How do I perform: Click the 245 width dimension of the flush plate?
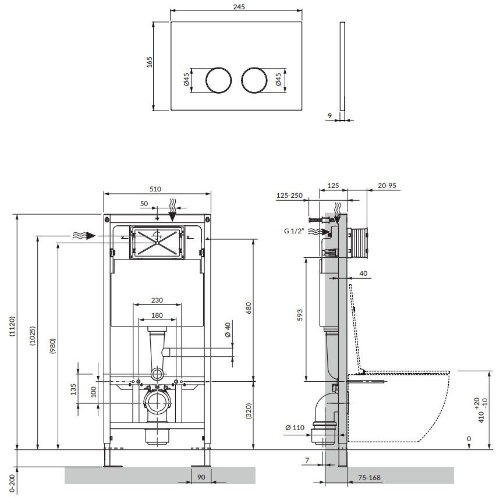[239, 7]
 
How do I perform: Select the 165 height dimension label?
[149, 62]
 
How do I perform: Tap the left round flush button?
[218, 80]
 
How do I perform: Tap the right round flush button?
[254, 80]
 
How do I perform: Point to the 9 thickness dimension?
[330, 116]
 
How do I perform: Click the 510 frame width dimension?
[155, 189]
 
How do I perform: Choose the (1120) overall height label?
[12, 326]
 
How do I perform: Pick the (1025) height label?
[33, 336]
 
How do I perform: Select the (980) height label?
[52, 346]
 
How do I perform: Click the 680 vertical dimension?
[249, 308]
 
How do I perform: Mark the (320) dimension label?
[249, 411]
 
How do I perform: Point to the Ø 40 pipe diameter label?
[228, 330]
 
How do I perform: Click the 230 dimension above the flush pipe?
[157, 300]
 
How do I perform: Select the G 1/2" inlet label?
[294, 231]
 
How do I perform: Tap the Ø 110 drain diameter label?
[295, 428]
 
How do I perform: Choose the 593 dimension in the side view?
[300, 315]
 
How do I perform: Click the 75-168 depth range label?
[369, 478]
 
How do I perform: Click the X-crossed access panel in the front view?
[157, 242]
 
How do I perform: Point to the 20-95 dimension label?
[387, 186]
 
